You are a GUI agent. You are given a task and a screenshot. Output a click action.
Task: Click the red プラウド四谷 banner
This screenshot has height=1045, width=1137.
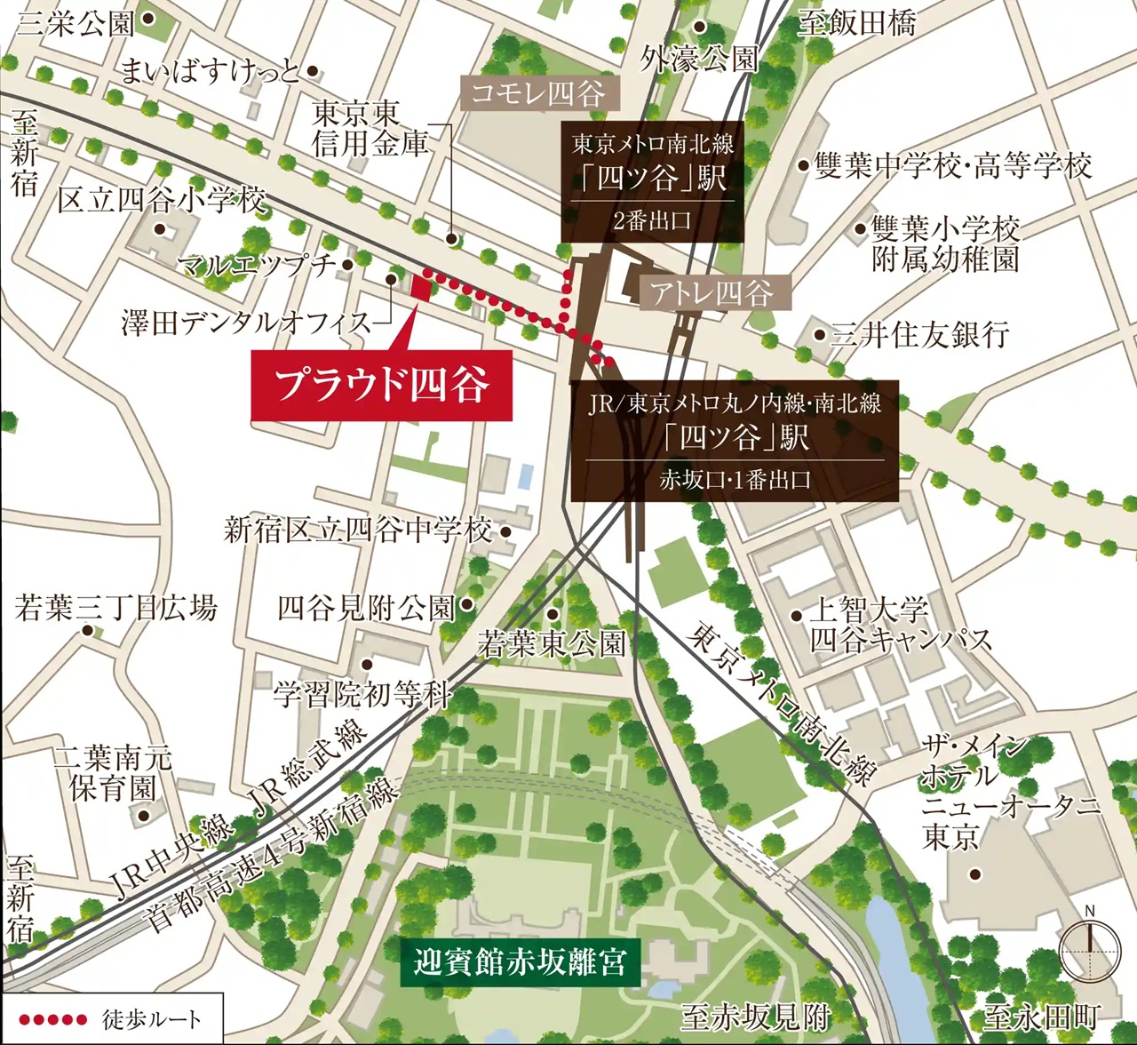381,386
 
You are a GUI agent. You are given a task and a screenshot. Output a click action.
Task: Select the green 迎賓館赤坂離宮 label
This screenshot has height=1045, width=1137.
520,962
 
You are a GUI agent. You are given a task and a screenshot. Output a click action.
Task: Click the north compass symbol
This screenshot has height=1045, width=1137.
1090,950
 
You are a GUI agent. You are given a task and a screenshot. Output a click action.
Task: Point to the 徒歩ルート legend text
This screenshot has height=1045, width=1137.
152,1019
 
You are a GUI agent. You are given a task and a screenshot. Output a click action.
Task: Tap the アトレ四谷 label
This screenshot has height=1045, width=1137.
711,292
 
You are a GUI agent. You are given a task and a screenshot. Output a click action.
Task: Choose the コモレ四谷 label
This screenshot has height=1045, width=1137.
538,93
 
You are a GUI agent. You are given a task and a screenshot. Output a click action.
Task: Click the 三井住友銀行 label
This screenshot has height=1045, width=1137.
919,335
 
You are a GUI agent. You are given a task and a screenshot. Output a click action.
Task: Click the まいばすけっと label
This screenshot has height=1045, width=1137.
210,71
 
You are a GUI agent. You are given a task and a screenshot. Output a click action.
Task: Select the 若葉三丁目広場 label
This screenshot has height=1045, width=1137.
115,608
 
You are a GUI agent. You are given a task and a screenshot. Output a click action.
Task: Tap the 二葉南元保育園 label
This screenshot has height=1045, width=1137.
112,773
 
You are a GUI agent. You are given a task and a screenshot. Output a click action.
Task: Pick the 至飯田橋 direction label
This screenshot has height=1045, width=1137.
856,22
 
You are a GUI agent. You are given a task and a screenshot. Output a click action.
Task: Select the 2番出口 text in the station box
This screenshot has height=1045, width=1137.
652,220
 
